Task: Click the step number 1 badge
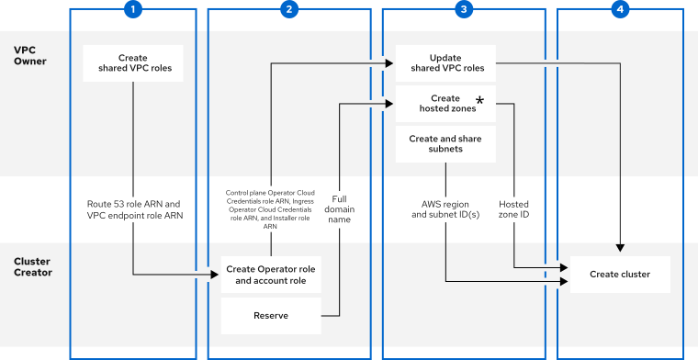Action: tap(133, 9)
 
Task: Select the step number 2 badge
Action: tap(289, 9)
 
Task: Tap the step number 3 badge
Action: tap(464, 9)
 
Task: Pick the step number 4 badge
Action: tap(620, 9)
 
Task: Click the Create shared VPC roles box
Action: tap(133, 62)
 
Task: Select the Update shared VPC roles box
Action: tap(445, 62)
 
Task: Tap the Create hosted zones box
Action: tap(445, 103)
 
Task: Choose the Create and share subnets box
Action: tap(445, 143)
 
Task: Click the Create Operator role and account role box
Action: tap(270, 275)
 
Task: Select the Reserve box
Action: tap(270, 315)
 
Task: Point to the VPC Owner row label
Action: tap(31, 56)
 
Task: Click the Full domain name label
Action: tap(341, 208)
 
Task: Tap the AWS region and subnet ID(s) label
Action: tap(445, 208)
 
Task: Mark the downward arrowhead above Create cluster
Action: tap(620, 247)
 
